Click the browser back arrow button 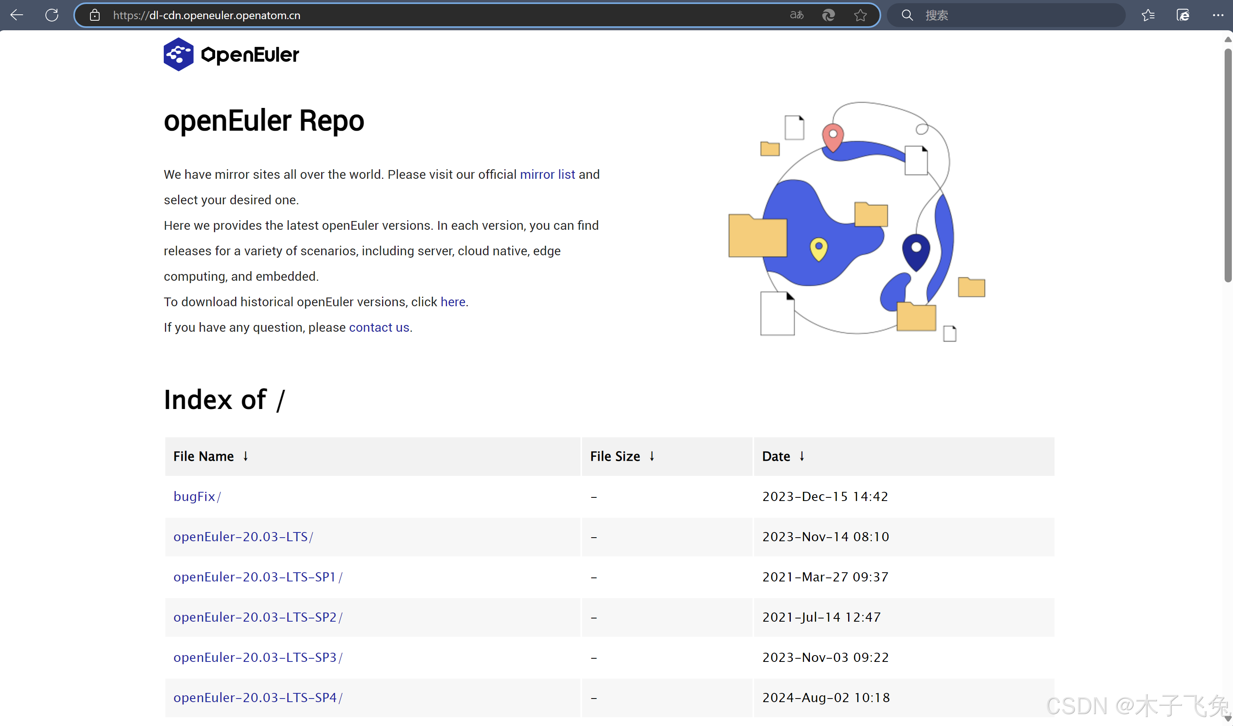point(17,15)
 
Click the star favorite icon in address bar point(860,15)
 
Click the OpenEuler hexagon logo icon point(178,54)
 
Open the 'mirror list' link point(547,175)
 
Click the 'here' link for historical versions point(453,302)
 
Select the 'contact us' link point(379,327)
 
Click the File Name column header point(204,456)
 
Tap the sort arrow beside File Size point(652,456)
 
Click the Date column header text point(776,456)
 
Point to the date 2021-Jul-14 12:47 point(821,617)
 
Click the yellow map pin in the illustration point(819,249)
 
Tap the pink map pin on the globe point(833,137)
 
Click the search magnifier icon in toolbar point(907,15)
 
